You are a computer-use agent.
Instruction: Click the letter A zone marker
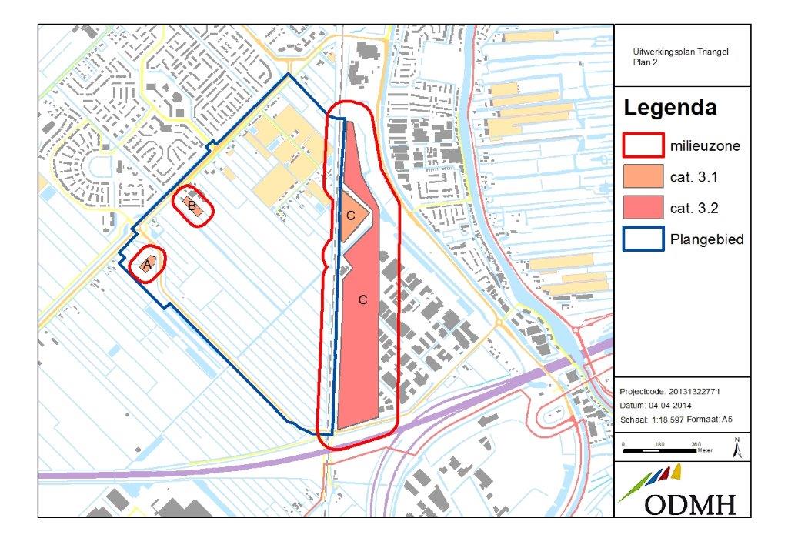tap(146, 264)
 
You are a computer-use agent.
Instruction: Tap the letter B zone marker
tap(190, 204)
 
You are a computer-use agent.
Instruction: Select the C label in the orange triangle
tap(351, 216)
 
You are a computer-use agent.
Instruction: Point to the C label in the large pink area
tap(363, 299)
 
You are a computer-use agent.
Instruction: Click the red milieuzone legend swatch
tap(643, 145)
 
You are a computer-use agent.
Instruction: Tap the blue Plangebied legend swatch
tap(643, 239)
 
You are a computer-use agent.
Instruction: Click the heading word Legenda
tap(669, 108)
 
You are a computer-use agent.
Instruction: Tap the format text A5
tap(727, 420)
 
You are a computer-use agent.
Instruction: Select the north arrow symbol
tap(736, 446)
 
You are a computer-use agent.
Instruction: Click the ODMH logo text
tap(689, 504)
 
